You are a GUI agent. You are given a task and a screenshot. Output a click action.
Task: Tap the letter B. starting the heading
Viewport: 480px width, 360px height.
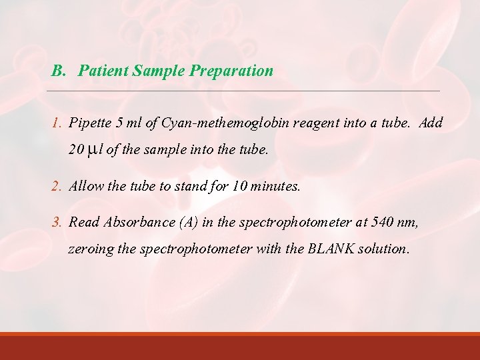tap(59, 71)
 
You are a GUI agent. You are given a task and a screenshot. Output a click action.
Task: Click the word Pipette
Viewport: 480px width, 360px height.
tap(90, 123)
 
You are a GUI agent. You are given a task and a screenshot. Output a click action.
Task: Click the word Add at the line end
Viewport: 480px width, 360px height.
tap(431, 123)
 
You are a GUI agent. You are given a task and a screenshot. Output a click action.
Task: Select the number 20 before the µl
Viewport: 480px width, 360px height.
tap(77, 151)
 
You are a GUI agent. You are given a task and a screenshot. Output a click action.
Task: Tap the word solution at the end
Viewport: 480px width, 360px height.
tap(383, 249)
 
